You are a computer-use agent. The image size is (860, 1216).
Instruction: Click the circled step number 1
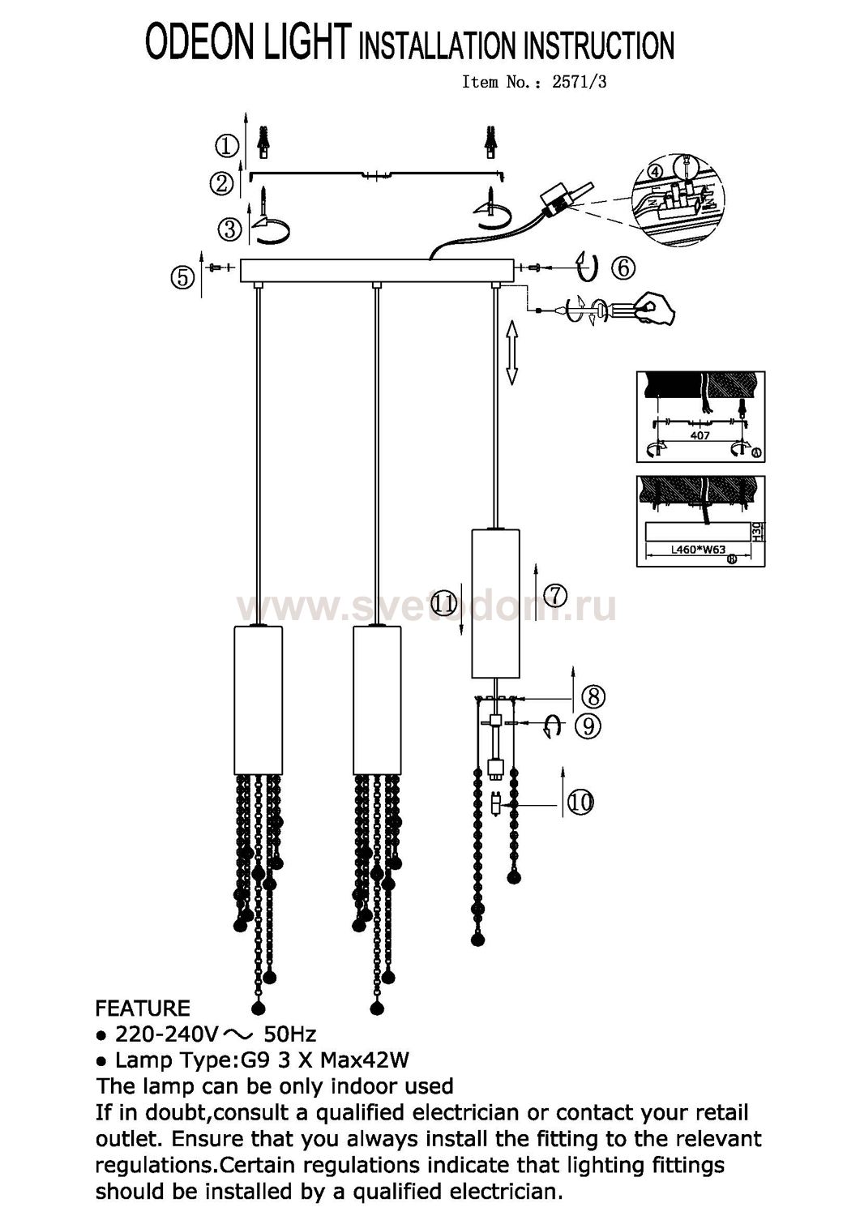point(226,147)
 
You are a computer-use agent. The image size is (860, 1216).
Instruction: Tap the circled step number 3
point(229,229)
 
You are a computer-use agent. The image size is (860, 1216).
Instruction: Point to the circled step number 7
point(555,596)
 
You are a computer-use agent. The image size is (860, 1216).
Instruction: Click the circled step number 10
point(580,802)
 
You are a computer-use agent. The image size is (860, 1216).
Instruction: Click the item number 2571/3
point(579,82)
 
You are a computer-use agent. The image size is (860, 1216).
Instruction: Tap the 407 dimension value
point(700,435)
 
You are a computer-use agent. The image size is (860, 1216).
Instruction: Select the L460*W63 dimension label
point(698,550)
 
